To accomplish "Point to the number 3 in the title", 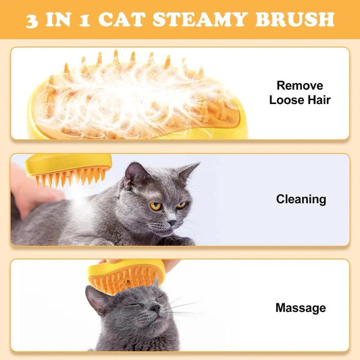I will pos(34,19).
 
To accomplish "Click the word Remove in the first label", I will pos(300,86).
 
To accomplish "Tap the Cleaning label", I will pos(301,199).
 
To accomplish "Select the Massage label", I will pos(301,308).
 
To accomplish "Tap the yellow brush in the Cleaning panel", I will pos(71,170).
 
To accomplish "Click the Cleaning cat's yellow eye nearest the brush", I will pos(156,206).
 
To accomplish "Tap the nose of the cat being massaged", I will pos(155,309).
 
